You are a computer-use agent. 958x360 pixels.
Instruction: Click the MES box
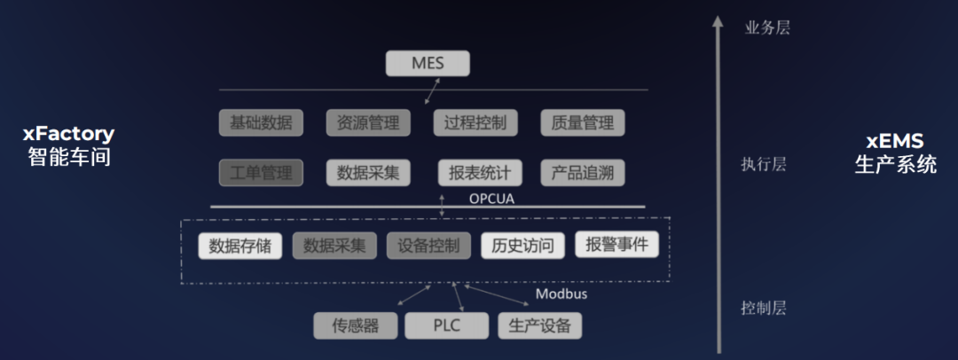pos(428,64)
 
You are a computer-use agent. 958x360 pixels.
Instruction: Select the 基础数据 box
pos(261,122)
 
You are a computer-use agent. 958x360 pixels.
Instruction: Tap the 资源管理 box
pos(368,122)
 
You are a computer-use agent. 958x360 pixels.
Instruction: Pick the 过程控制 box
pos(475,122)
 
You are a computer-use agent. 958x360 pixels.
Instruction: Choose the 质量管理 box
pos(583,122)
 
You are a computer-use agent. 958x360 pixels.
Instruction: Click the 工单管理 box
pos(261,172)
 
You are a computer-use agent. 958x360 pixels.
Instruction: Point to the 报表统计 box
pos(480,172)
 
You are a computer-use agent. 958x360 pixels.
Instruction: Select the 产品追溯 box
pos(583,172)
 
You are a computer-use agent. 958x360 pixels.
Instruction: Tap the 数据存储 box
pos(239,246)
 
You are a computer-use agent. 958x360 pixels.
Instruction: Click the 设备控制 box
pos(428,246)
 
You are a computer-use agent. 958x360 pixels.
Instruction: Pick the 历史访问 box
pos(522,246)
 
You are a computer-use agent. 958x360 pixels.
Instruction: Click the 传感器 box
pos(355,325)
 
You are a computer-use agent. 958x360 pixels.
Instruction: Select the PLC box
pos(446,325)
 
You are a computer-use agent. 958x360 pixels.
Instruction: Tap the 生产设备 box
pos(540,325)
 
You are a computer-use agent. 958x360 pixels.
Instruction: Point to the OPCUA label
pos(491,199)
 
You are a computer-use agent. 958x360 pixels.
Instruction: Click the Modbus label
pos(561,293)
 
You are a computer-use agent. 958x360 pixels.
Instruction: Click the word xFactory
pos(68,135)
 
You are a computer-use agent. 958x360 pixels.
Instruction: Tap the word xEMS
pos(894,142)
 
